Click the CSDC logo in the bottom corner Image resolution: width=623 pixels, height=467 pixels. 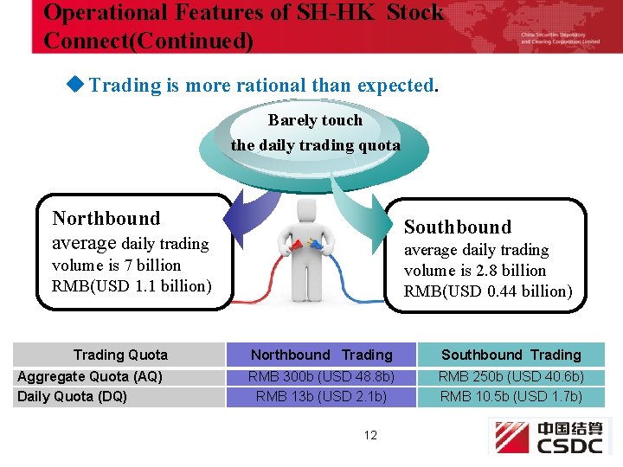[x=549, y=437]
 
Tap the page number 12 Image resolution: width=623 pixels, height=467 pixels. [x=370, y=435]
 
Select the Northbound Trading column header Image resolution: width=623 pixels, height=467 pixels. [x=321, y=355]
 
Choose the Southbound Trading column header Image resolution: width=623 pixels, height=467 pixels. [x=511, y=355]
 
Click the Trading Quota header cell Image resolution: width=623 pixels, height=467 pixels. [x=120, y=355]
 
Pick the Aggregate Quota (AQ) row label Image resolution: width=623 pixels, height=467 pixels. [x=90, y=376]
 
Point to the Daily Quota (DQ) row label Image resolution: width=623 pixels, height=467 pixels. [x=72, y=396]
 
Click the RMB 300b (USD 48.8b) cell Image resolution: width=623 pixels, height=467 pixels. [x=321, y=376]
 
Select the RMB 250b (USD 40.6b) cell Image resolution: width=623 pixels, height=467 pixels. [x=511, y=376]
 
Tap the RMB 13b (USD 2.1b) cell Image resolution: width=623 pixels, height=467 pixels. [x=321, y=396]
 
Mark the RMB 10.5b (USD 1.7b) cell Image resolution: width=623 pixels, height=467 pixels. [x=511, y=396]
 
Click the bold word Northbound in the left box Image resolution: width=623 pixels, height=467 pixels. [x=106, y=219]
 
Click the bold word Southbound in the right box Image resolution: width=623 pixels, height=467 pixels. [x=458, y=227]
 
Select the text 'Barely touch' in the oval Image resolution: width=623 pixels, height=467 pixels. [x=315, y=120]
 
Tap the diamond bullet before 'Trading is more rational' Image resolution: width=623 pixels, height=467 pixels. [x=76, y=85]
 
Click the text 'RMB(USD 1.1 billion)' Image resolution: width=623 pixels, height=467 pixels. [x=132, y=285]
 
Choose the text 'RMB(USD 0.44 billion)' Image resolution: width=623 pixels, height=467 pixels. [x=488, y=291]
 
